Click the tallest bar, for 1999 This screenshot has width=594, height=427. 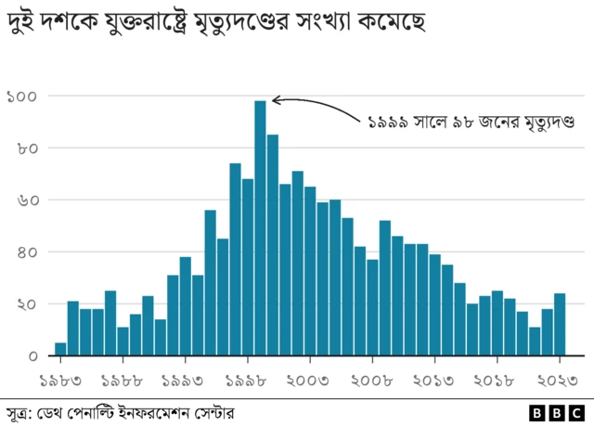click(x=260, y=227)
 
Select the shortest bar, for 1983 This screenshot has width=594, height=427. click(x=60, y=349)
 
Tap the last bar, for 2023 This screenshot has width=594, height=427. click(x=560, y=325)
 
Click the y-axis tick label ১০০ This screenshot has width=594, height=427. click(x=21, y=97)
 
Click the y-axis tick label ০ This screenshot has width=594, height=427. click(x=32, y=356)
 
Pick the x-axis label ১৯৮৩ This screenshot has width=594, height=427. click(x=61, y=379)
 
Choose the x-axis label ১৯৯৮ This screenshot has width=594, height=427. click(x=248, y=379)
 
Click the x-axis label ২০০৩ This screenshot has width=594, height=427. click(x=310, y=379)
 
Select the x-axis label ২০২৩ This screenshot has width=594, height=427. click(x=560, y=379)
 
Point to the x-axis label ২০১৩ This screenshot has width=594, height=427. click(x=434, y=379)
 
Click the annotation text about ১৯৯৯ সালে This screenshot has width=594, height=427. click(x=471, y=122)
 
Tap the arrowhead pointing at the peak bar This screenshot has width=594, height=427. click(x=276, y=99)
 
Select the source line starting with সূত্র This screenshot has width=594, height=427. click(x=121, y=412)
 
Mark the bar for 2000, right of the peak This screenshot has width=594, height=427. click(x=273, y=245)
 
